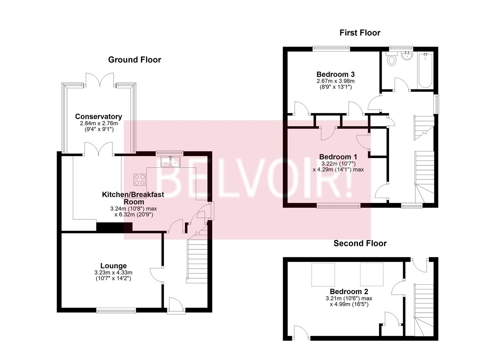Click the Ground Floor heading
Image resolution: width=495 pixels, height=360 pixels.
tap(135, 60)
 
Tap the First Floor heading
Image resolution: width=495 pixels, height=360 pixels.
tap(360, 33)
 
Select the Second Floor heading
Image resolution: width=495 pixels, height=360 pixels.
tap(360, 243)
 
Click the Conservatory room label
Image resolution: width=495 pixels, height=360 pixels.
tap(99, 116)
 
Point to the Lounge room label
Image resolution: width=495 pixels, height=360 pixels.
tap(114, 266)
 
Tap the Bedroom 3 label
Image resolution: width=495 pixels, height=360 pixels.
tap(336, 74)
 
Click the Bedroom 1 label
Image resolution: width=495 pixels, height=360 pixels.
tap(338, 157)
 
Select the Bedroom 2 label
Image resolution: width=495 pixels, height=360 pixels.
tap(349, 291)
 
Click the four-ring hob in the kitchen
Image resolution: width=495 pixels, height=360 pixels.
tap(140, 180)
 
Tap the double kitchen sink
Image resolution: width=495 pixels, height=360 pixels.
tap(170, 162)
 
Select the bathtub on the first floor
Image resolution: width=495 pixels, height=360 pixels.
tap(425, 70)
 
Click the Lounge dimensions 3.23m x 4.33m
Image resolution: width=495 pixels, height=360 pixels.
tap(113, 273)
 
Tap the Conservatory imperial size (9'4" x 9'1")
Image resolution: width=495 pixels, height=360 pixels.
tap(99, 129)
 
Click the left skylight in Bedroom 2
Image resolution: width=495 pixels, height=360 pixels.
tap(323, 274)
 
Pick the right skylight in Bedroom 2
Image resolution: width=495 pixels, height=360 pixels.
tap(372, 274)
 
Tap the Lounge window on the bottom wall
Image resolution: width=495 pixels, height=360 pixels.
tap(116, 311)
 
